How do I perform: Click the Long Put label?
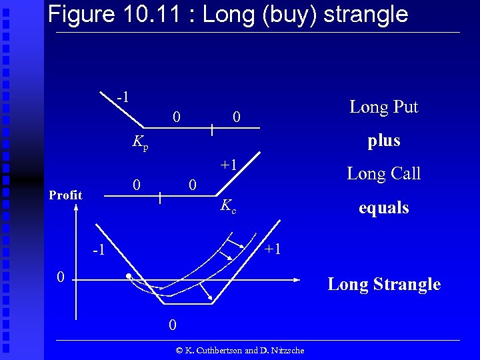tap(383, 107)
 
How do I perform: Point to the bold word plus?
tap(384, 141)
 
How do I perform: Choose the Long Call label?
tap(383, 174)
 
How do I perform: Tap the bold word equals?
tap(383, 208)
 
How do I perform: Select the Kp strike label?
tap(140, 141)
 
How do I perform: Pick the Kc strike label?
tap(228, 207)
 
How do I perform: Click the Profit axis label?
tap(66, 195)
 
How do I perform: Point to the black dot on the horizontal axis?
tap(127, 277)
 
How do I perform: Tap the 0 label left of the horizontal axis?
tap(60, 277)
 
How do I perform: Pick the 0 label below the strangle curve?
tap(172, 325)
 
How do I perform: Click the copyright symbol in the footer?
tap(179, 351)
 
